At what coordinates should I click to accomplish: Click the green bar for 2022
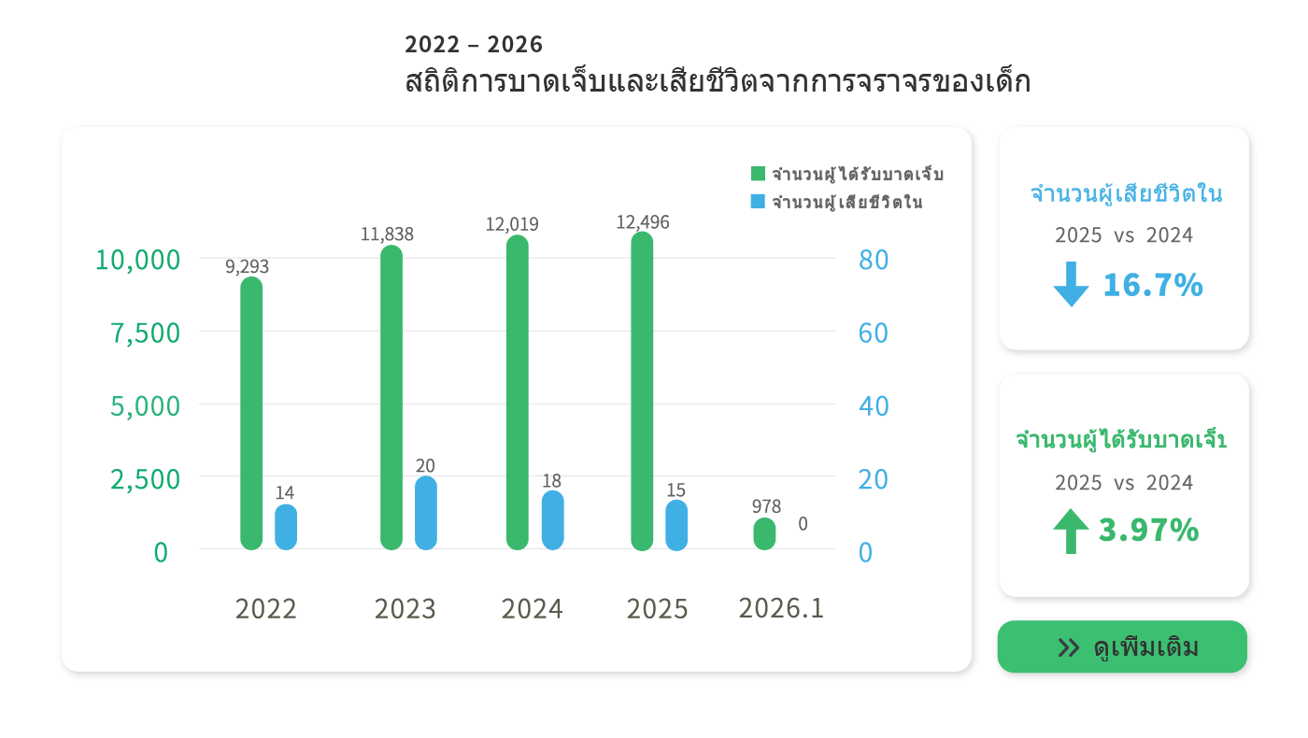coord(251,413)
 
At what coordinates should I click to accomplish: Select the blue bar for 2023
coord(426,513)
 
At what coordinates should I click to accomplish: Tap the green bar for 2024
coord(518,392)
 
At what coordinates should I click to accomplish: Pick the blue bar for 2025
coord(676,525)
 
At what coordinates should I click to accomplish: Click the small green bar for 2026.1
coord(765,533)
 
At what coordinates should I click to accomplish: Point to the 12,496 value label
coord(643,222)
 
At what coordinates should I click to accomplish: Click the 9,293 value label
coord(247,266)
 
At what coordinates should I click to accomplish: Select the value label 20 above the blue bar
coord(425,465)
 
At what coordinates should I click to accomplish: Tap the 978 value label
coord(766,506)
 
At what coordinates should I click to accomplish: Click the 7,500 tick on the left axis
coord(146,333)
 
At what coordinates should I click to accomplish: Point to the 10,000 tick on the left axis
coord(137,260)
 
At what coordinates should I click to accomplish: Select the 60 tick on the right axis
coord(873,333)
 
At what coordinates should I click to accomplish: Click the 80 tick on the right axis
coord(873,260)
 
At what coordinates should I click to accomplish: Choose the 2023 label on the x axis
coord(405,609)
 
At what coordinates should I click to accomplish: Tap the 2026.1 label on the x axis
coord(781,608)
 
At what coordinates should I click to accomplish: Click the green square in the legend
coord(759,174)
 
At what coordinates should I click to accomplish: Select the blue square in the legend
coord(759,202)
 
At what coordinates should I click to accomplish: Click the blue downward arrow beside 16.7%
coord(1071,284)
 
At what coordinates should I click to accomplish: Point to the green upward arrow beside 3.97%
coord(1071,531)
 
